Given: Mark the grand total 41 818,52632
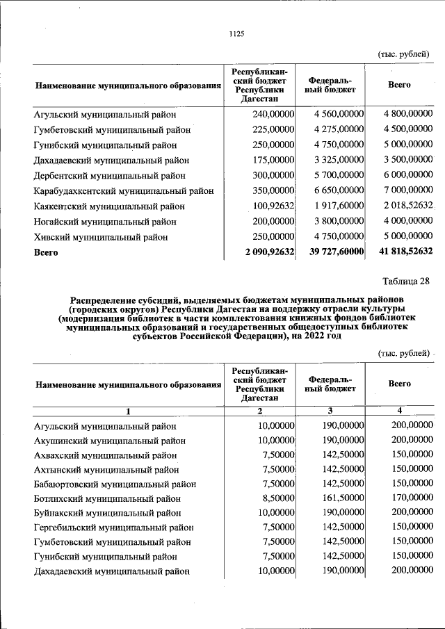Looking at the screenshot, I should (x=403, y=252).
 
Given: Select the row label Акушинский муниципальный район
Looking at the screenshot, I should (x=110, y=441).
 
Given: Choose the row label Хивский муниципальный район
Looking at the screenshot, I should (x=100, y=237).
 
